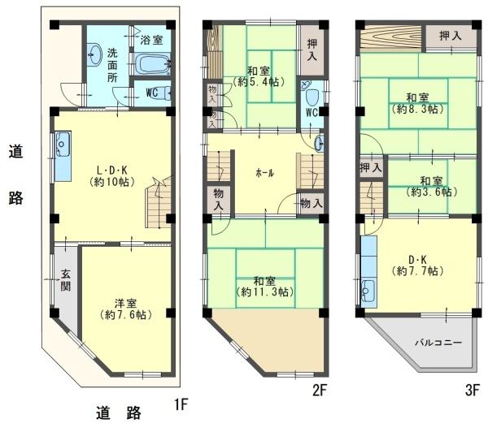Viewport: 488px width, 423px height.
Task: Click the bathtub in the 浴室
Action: [153, 64]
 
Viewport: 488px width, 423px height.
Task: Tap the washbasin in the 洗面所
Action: [94, 54]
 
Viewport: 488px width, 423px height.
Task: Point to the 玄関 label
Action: [65, 280]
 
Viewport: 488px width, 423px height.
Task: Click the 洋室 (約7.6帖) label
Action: [126, 309]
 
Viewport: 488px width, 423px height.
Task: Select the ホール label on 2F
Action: [265, 173]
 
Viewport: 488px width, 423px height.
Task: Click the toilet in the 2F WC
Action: [312, 97]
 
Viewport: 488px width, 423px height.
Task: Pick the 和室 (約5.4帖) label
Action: [259, 76]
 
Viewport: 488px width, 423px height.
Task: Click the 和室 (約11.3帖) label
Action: [264, 287]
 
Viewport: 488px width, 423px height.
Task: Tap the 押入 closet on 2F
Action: [312, 50]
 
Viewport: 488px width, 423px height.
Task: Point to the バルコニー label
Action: [438, 343]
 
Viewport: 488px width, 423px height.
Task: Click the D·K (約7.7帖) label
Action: [417, 265]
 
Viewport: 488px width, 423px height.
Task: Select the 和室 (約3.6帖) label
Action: [431, 187]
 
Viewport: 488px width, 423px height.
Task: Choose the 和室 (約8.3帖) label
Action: [417, 103]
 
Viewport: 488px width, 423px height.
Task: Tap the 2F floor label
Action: [319, 390]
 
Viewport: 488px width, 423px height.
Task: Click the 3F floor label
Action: [472, 390]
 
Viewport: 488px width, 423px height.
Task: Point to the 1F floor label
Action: [181, 404]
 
